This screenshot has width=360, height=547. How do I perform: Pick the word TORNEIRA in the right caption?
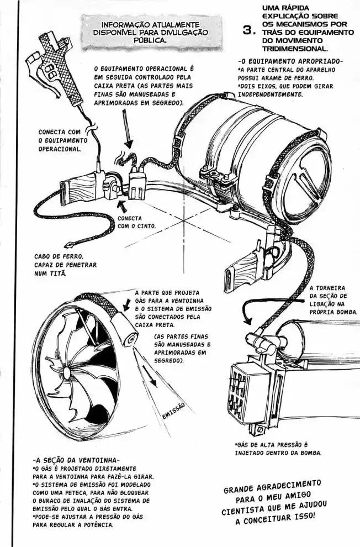pyautogui.click(x=328, y=288)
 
